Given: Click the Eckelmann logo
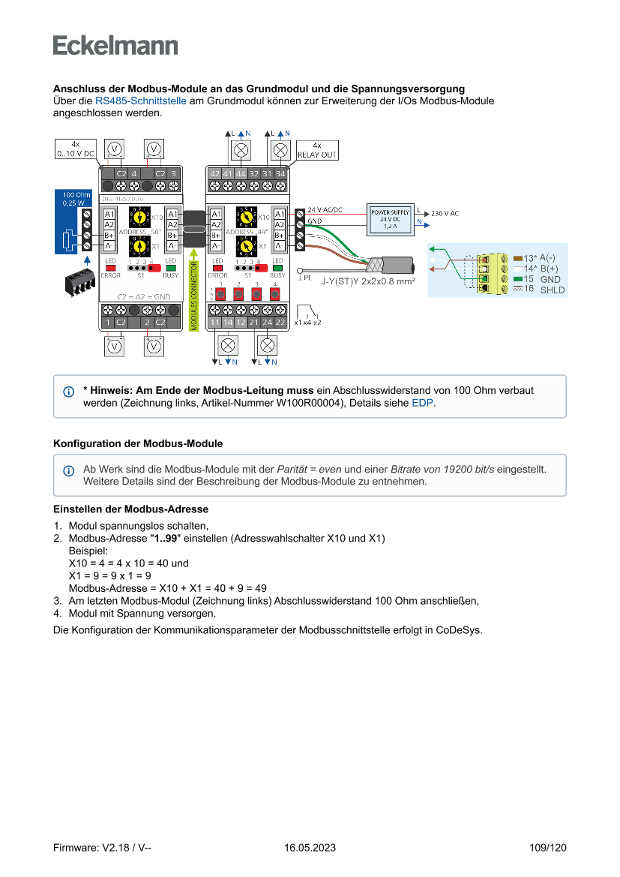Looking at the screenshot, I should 115,45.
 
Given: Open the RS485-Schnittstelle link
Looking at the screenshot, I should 140,101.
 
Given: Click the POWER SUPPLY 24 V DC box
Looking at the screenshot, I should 390,219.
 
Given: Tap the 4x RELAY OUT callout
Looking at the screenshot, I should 318,150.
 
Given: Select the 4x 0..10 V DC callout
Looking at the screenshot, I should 75,149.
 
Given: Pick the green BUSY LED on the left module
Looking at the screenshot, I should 170,267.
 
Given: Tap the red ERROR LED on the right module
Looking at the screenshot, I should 217,267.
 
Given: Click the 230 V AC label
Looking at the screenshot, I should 445,213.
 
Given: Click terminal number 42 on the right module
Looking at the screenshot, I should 214,173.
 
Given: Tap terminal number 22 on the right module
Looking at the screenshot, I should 280,322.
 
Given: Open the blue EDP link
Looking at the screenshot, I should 423,403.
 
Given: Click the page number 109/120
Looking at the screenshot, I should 547,848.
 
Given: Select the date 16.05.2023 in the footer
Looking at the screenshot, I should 310,848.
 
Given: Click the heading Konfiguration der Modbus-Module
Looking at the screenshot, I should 137,444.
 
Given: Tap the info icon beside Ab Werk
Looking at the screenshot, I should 69,470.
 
